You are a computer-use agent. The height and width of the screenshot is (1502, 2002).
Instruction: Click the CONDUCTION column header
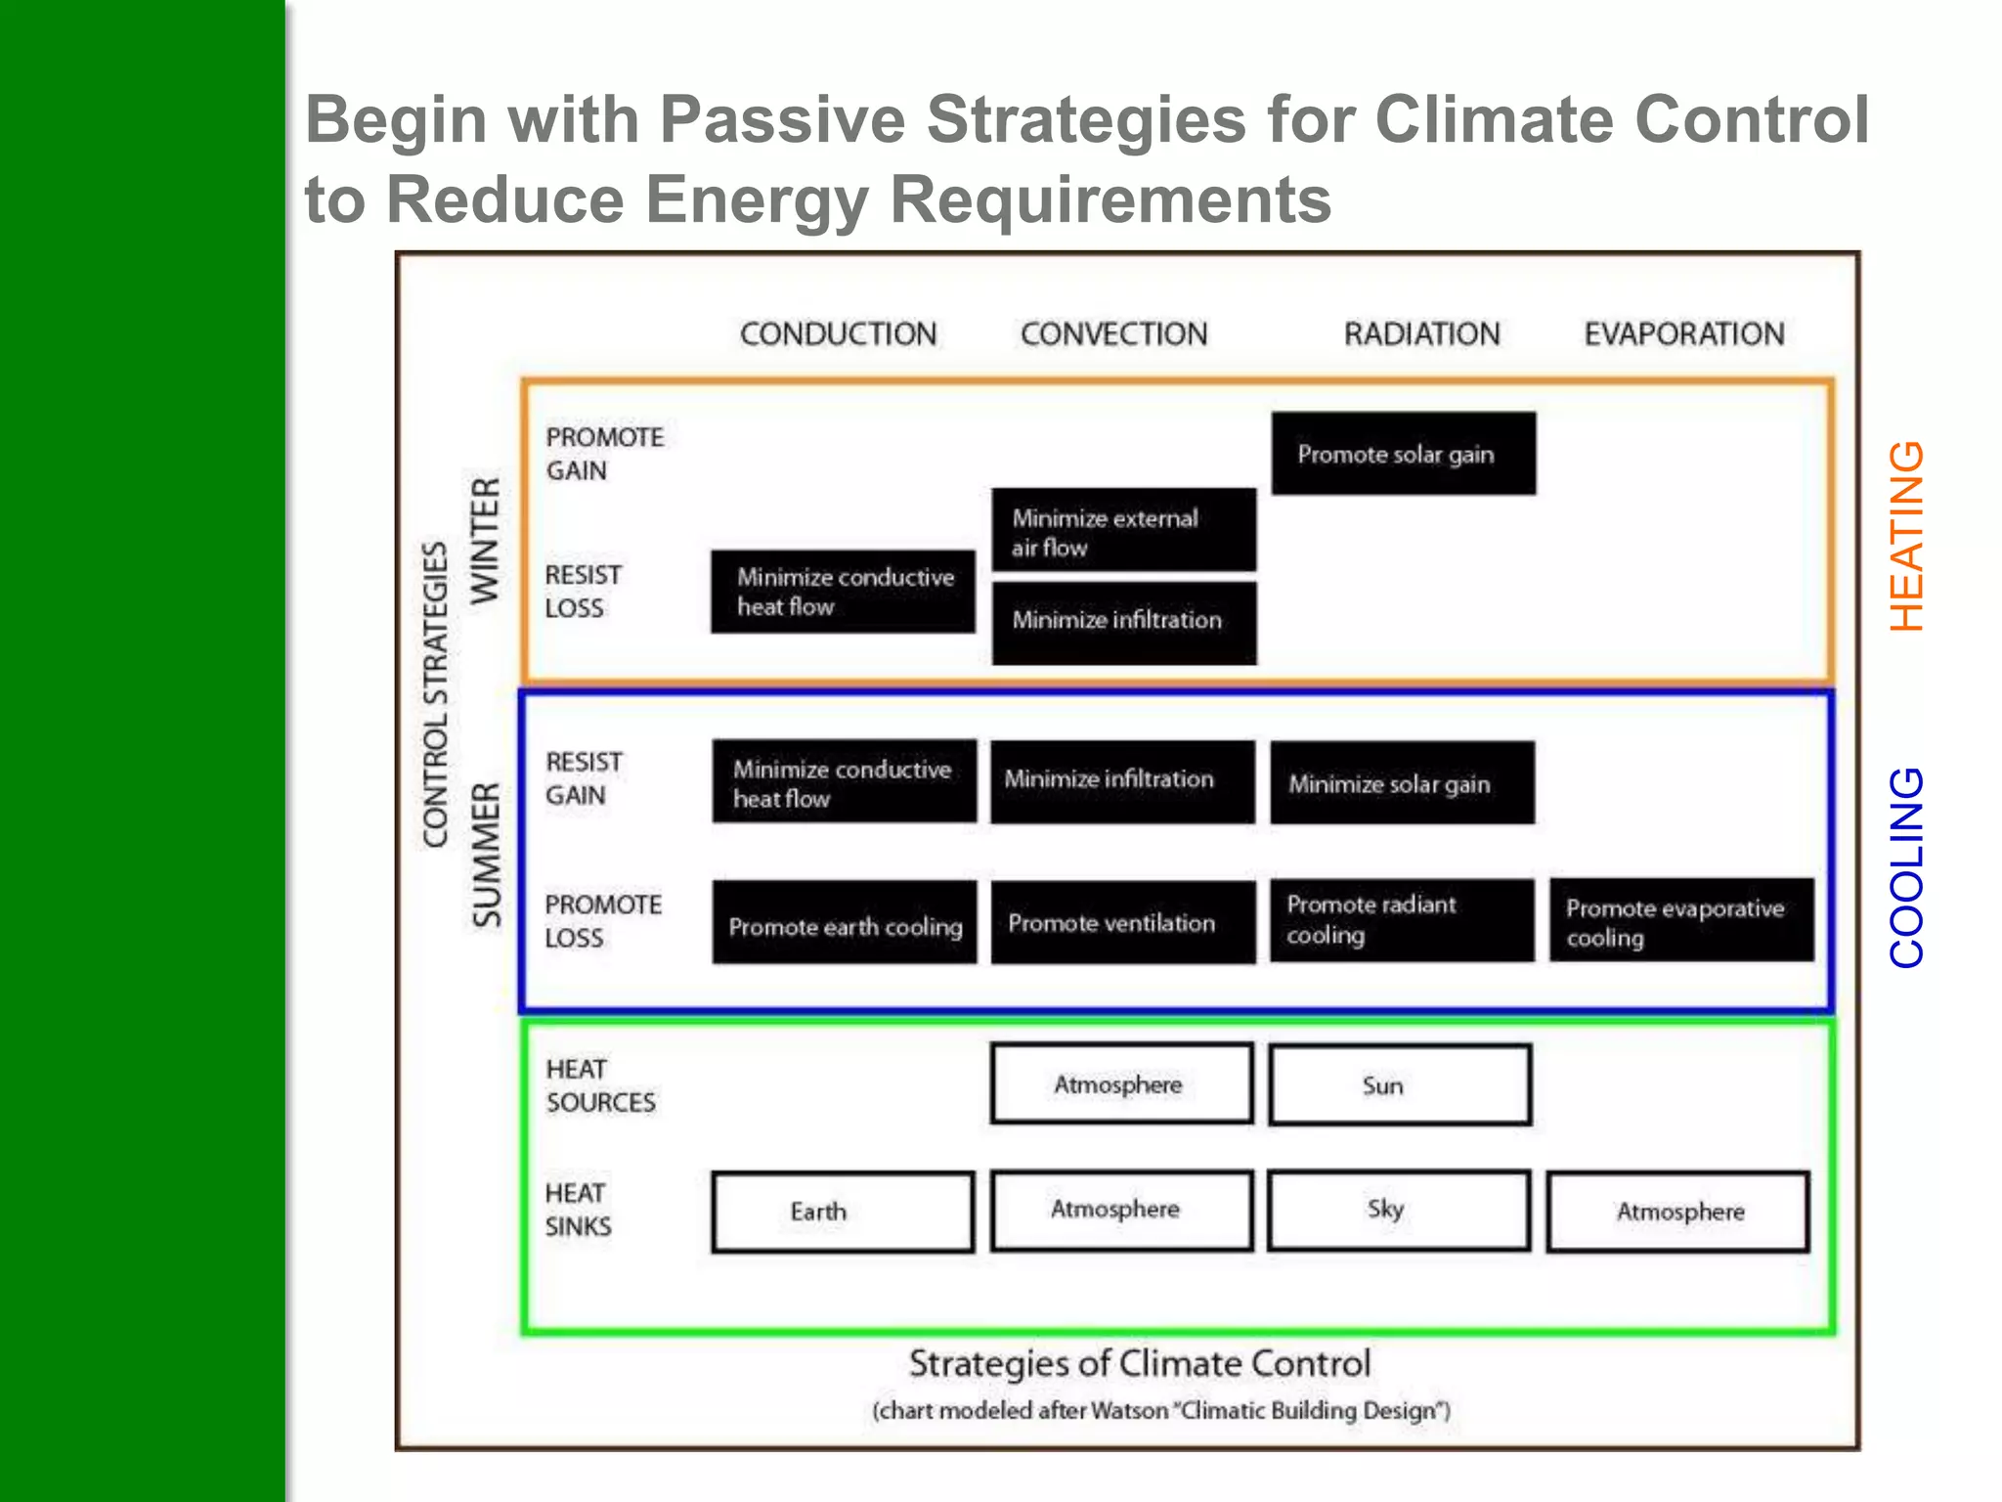[x=838, y=334]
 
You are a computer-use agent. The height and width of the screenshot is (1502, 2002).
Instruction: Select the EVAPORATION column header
[x=1683, y=334]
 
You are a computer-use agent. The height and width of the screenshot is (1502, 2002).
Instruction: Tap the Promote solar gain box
[x=1403, y=454]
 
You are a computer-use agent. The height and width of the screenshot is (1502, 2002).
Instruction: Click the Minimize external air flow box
[x=1123, y=531]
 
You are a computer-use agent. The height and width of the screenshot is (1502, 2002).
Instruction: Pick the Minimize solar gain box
[x=1402, y=783]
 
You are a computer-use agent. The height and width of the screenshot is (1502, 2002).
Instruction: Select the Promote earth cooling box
[x=844, y=924]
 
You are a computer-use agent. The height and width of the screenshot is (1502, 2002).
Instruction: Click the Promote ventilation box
[x=1122, y=923]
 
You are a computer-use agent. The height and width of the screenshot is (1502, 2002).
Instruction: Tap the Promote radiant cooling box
[x=1402, y=920]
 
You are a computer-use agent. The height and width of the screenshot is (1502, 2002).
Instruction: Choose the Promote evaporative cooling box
[x=1680, y=921]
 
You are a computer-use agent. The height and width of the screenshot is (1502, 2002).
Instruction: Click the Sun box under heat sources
[x=1400, y=1085]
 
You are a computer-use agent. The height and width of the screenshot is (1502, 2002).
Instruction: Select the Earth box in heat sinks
[x=843, y=1213]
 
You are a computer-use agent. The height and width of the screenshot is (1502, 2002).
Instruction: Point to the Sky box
[x=1399, y=1211]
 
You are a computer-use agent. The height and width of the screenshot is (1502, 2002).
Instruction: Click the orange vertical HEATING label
[x=1906, y=536]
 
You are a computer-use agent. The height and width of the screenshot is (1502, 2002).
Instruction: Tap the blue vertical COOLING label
[x=1906, y=867]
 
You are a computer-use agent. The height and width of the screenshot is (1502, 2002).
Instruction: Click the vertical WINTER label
[x=486, y=541]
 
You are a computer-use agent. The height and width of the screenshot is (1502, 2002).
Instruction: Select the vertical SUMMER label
[x=486, y=855]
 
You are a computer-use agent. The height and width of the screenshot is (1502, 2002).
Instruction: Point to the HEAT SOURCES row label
[x=599, y=1085]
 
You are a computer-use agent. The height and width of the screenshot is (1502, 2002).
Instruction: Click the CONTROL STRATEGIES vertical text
[x=435, y=694]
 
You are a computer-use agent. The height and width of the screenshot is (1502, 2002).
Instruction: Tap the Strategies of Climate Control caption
[x=1140, y=1363]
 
